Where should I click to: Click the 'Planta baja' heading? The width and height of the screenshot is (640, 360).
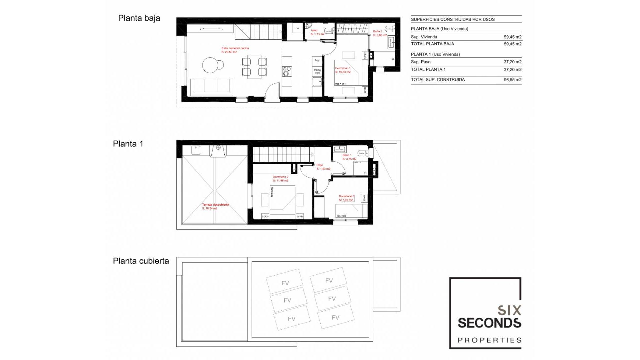point(139,18)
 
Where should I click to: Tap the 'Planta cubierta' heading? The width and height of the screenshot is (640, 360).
point(141,261)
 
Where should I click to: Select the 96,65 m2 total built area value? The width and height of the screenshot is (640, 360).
point(512,80)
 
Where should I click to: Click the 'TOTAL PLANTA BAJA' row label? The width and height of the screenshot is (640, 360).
point(432,44)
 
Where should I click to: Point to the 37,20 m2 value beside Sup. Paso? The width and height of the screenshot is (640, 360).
point(512,62)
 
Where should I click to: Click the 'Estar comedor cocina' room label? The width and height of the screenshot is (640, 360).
point(235,48)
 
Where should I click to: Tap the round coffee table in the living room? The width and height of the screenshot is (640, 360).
point(211,65)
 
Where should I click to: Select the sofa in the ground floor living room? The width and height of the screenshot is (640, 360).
point(211,86)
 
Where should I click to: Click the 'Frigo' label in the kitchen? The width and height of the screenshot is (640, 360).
point(317,61)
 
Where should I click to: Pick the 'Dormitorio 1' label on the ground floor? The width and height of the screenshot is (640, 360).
point(343,68)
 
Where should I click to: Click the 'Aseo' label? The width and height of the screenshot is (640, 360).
point(314,30)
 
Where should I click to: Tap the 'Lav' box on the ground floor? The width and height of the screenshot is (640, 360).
point(297,29)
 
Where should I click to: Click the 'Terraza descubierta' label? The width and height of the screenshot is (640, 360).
point(215,205)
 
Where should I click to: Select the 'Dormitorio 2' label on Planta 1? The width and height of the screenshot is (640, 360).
point(280,177)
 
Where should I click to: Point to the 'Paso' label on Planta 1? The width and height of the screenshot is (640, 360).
point(320,165)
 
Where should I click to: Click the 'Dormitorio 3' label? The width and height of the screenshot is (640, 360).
point(346,196)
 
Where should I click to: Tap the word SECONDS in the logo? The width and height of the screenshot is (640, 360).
point(489,323)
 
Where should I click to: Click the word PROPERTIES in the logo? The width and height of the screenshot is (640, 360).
point(489,340)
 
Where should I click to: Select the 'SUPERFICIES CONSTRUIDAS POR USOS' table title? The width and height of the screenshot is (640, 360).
point(452,19)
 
